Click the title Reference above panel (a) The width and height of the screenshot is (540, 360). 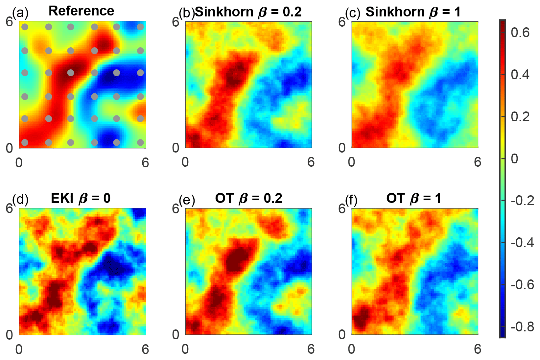(x=81, y=11)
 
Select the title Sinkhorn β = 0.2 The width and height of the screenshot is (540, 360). (x=248, y=12)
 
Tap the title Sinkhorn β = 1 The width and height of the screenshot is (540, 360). (x=413, y=12)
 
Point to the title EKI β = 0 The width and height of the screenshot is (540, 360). (x=81, y=199)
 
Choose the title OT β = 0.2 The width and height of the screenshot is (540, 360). (x=248, y=199)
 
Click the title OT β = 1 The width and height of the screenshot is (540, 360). (x=413, y=199)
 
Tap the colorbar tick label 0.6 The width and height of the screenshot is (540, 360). (x=520, y=33)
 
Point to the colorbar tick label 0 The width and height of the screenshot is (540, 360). (x=514, y=158)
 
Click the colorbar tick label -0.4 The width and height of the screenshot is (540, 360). (x=522, y=243)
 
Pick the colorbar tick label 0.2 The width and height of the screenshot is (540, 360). (x=520, y=117)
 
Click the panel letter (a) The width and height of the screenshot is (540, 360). (x=20, y=13)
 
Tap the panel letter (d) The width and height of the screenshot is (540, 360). (x=20, y=199)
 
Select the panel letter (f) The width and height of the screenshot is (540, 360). (x=351, y=199)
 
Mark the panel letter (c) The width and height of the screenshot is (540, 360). (x=353, y=13)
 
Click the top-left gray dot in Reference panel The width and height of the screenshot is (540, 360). (x=25, y=27)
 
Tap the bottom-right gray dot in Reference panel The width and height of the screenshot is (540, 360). (x=140, y=142)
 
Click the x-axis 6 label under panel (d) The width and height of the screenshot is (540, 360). (x=145, y=349)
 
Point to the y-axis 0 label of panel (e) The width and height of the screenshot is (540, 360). (x=176, y=334)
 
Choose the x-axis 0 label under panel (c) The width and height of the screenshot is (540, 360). (x=352, y=162)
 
